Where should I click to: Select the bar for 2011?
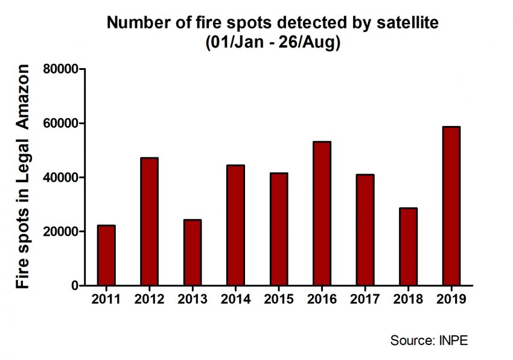106,255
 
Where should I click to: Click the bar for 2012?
149,221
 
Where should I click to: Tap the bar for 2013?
192,253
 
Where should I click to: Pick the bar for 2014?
235,225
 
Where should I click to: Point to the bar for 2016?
322,213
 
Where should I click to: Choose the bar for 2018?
408,247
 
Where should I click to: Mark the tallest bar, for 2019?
451,206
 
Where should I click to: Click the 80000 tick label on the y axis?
62,69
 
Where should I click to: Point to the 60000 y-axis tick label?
62,124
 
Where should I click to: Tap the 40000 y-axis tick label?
62,178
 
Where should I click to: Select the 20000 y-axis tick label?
62,232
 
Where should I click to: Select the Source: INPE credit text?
429,340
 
